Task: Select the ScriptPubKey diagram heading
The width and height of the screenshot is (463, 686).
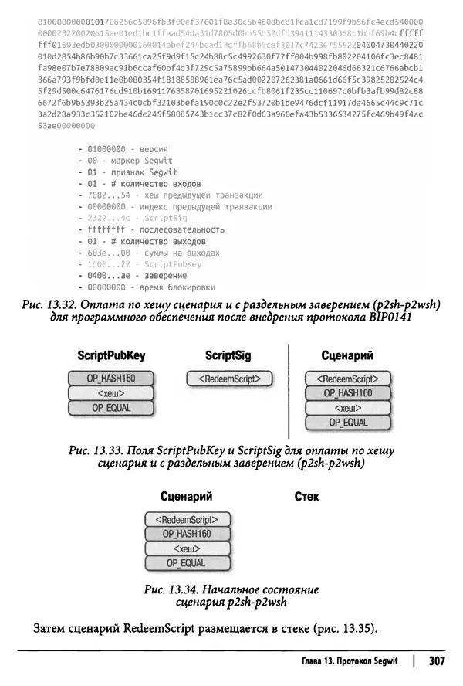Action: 111,355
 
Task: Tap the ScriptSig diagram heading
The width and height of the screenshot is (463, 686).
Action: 228,355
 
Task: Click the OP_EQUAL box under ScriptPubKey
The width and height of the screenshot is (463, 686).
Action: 111,409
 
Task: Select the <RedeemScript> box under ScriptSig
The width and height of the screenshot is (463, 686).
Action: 230,379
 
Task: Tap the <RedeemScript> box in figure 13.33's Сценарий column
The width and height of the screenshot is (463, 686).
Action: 347,379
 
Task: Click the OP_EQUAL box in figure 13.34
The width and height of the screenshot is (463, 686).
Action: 187,564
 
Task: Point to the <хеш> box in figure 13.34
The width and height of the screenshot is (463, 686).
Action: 187,548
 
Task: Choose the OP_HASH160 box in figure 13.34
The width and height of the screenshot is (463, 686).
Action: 187,534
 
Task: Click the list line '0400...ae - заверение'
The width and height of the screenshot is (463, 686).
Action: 132,275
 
